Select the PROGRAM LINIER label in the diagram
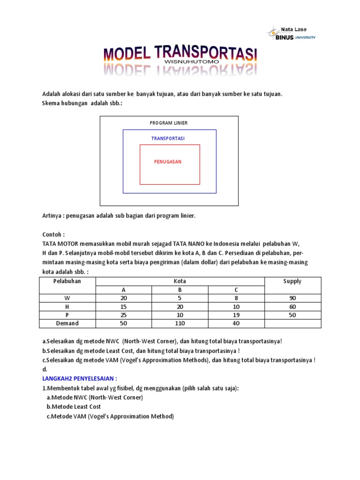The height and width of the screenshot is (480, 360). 169,123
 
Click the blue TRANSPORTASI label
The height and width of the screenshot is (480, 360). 168,138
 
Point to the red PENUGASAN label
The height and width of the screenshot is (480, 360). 168,162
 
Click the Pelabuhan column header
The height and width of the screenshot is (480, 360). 67,281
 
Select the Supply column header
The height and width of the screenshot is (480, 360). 292,281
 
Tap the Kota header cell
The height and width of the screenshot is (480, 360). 180,281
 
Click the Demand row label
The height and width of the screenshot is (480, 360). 67,323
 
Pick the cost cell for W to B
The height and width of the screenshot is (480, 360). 180,298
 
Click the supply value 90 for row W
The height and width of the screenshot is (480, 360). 292,298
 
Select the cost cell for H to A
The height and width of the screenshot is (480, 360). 124,307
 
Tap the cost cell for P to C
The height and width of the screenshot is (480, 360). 236,315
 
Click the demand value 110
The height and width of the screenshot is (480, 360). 180,323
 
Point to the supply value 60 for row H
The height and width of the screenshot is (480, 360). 292,307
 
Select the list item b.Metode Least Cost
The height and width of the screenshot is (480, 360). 74,406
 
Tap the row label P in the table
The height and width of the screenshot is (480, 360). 67,315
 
